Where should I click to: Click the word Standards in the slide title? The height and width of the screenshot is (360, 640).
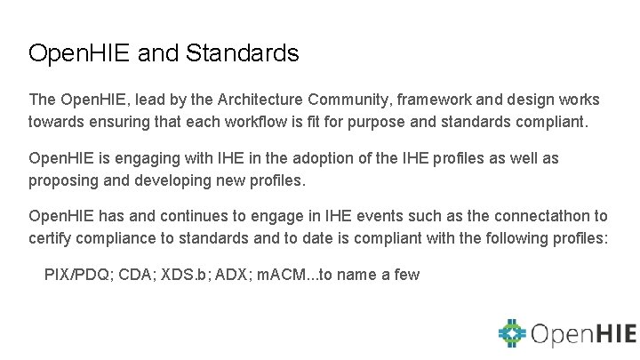pyautogui.click(x=243, y=53)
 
